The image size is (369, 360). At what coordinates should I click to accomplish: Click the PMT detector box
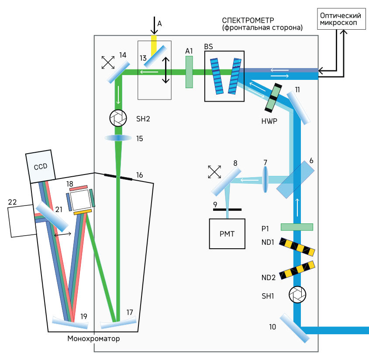click(x=227, y=233)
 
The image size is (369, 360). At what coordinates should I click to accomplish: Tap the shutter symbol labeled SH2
click(x=118, y=117)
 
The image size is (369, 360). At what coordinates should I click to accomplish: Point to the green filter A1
click(x=189, y=72)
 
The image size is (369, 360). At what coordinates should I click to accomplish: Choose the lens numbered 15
click(x=118, y=138)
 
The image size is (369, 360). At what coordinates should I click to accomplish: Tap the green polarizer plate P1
click(x=297, y=227)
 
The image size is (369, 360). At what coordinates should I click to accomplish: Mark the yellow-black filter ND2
click(x=297, y=270)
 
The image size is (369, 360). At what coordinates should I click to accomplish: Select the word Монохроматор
click(x=93, y=339)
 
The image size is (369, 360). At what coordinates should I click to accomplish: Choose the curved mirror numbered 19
click(x=70, y=323)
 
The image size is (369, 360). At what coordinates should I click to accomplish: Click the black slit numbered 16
click(x=118, y=177)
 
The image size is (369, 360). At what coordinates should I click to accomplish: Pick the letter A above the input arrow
click(x=159, y=24)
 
